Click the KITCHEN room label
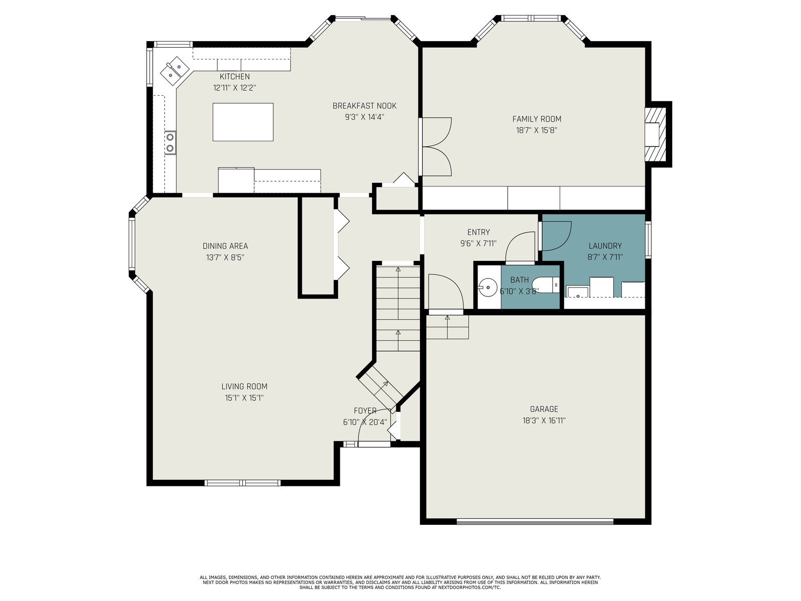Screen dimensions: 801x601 click(235, 77)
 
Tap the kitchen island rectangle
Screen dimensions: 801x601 click(243, 122)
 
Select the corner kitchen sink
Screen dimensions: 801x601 click(175, 71)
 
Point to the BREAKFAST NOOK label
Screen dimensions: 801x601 click(364, 106)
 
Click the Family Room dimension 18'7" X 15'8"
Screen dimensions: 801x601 click(537, 130)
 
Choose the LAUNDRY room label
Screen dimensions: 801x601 click(605, 246)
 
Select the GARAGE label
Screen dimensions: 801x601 click(544, 409)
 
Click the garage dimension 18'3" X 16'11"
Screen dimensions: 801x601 click(544, 421)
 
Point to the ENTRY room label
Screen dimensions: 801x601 click(479, 232)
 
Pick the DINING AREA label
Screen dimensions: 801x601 click(225, 246)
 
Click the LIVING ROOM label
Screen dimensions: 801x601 click(244, 387)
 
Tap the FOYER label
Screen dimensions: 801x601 click(365, 411)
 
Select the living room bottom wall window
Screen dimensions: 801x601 click(243, 483)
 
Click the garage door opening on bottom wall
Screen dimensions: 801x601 click(535, 522)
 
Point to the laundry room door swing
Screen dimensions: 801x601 click(556, 236)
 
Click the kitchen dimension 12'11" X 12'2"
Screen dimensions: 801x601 click(235, 88)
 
